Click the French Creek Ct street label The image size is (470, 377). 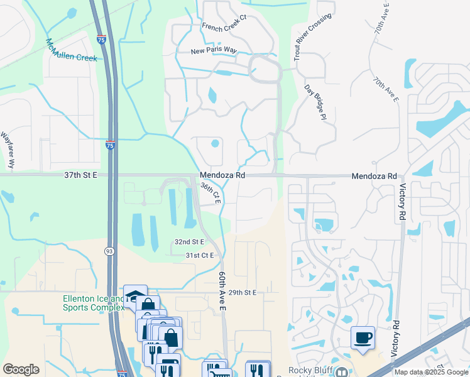click(x=225, y=26)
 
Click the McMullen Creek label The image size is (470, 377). click(x=71, y=50)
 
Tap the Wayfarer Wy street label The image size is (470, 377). click(x=8, y=150)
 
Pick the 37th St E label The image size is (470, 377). click(x=81, y=176)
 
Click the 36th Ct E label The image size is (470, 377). click(x=210, y=193)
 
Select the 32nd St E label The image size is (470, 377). click(x=190, y=242)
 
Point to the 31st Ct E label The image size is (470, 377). click(x=200, y=255)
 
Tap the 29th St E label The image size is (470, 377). click(x=243, y=293)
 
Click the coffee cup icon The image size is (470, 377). click(x=363, y=338)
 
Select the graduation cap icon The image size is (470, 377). click(x=134, y=295)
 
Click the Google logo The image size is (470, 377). click(x=21, y=369)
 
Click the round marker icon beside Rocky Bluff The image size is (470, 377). click(x=341, y=371)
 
